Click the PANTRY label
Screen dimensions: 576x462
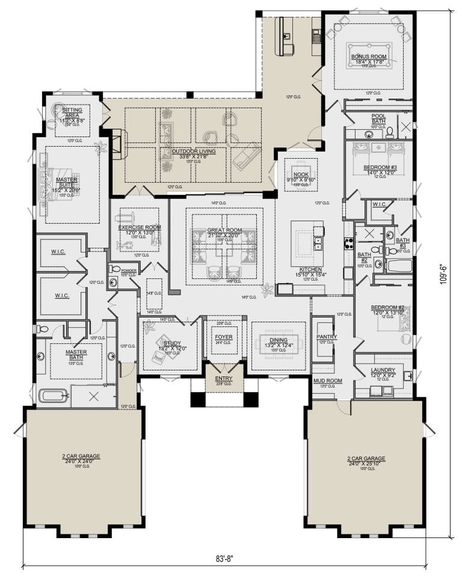pyautogui.click(x=326, y=337)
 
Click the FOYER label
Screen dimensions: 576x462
pyautogui.click(x=223, y=337)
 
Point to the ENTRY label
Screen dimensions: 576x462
pyautogui.click(x=223, y=378)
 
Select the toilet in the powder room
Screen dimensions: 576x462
pyautogui.click(x=116, y=269)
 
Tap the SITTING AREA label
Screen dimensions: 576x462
pyautogui.click(x=73, y=112)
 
